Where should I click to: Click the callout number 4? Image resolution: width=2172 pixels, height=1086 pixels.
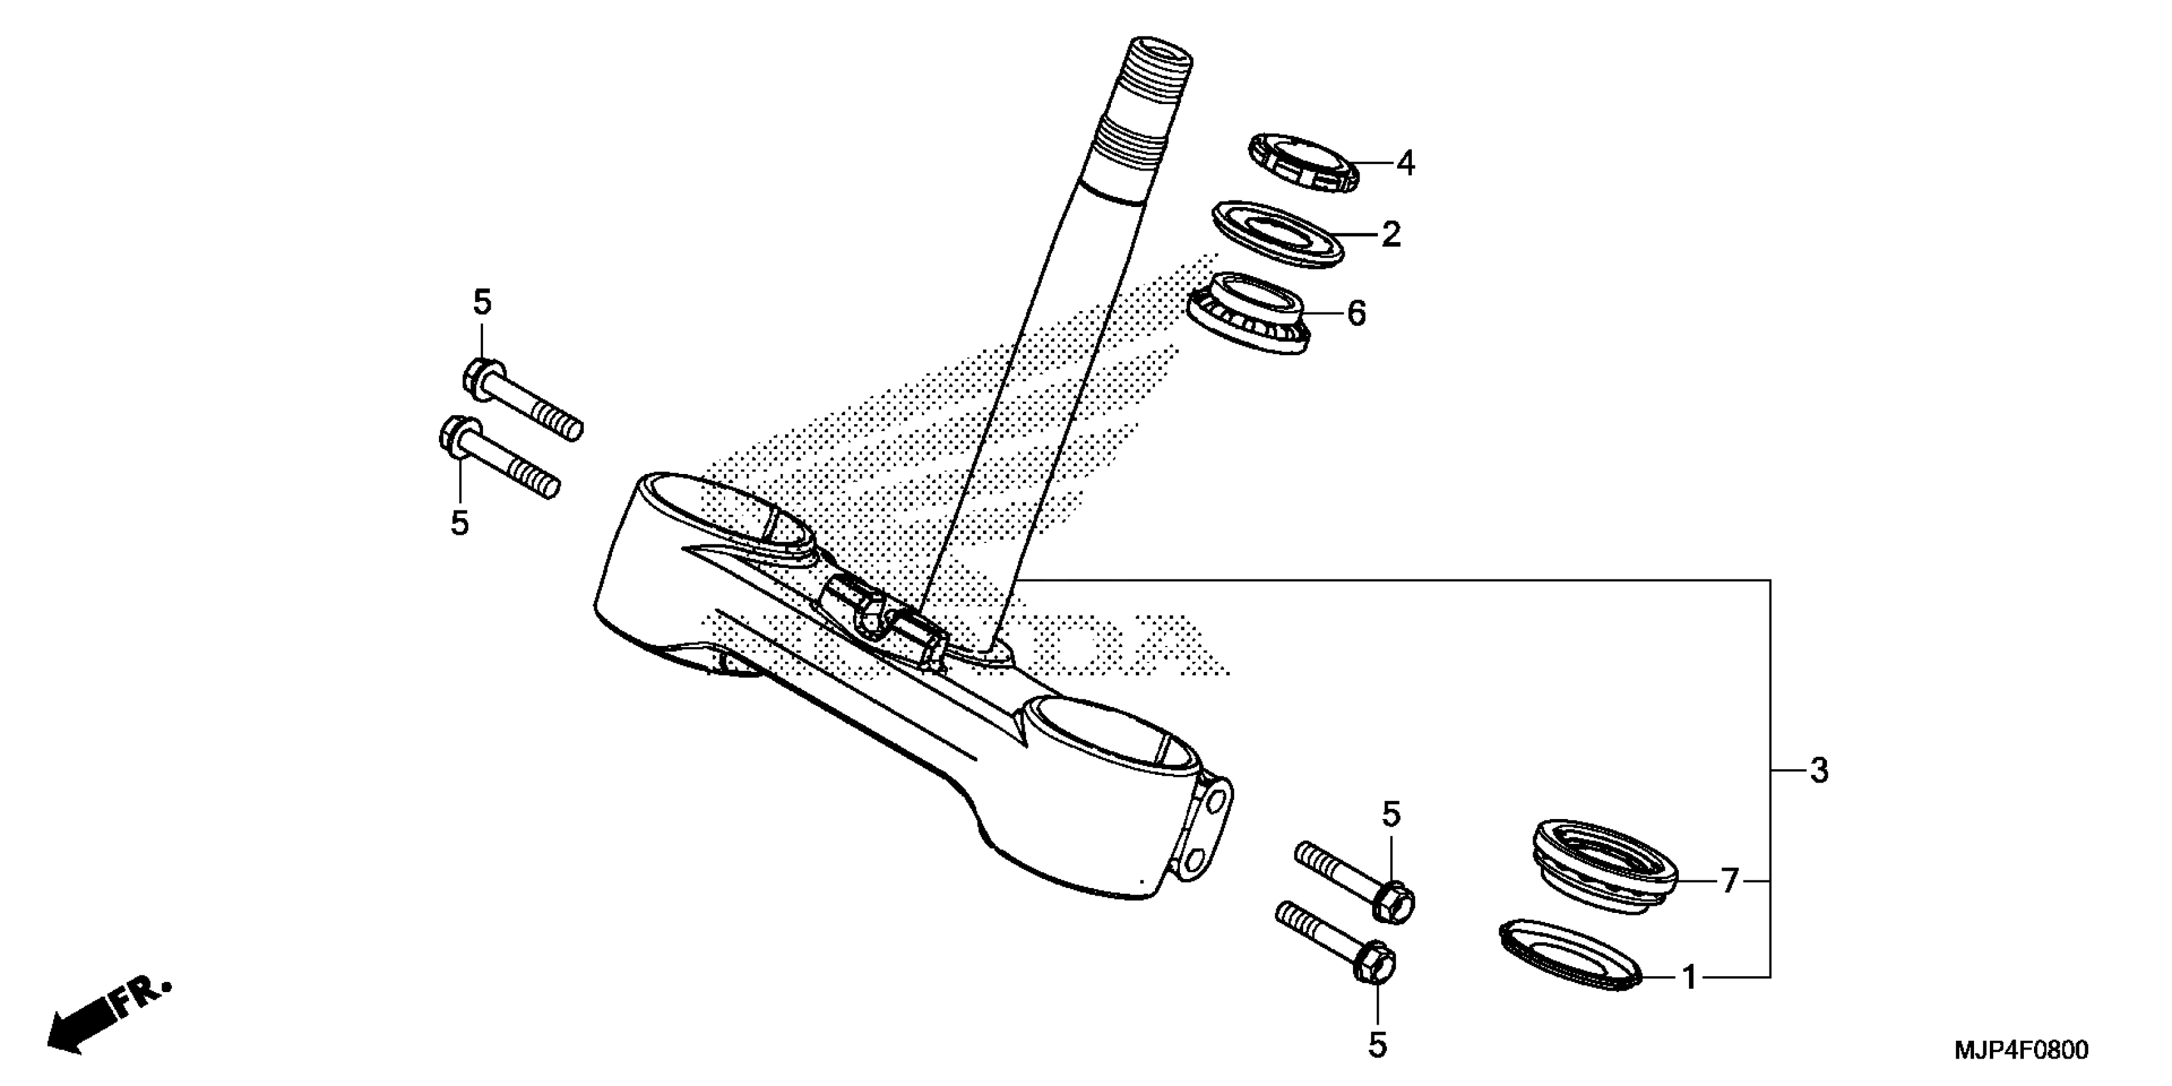1405,164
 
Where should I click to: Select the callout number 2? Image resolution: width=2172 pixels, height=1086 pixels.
1390,234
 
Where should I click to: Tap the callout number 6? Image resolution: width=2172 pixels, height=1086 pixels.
1356,314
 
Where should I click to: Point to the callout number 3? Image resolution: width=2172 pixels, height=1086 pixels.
1819,770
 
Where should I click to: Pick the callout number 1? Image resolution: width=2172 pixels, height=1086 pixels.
1689,978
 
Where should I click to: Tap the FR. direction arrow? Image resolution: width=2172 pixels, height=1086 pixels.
105,1018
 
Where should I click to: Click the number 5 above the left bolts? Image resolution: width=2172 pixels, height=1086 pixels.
482,303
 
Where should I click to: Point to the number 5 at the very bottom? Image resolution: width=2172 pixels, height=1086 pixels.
1377,1046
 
